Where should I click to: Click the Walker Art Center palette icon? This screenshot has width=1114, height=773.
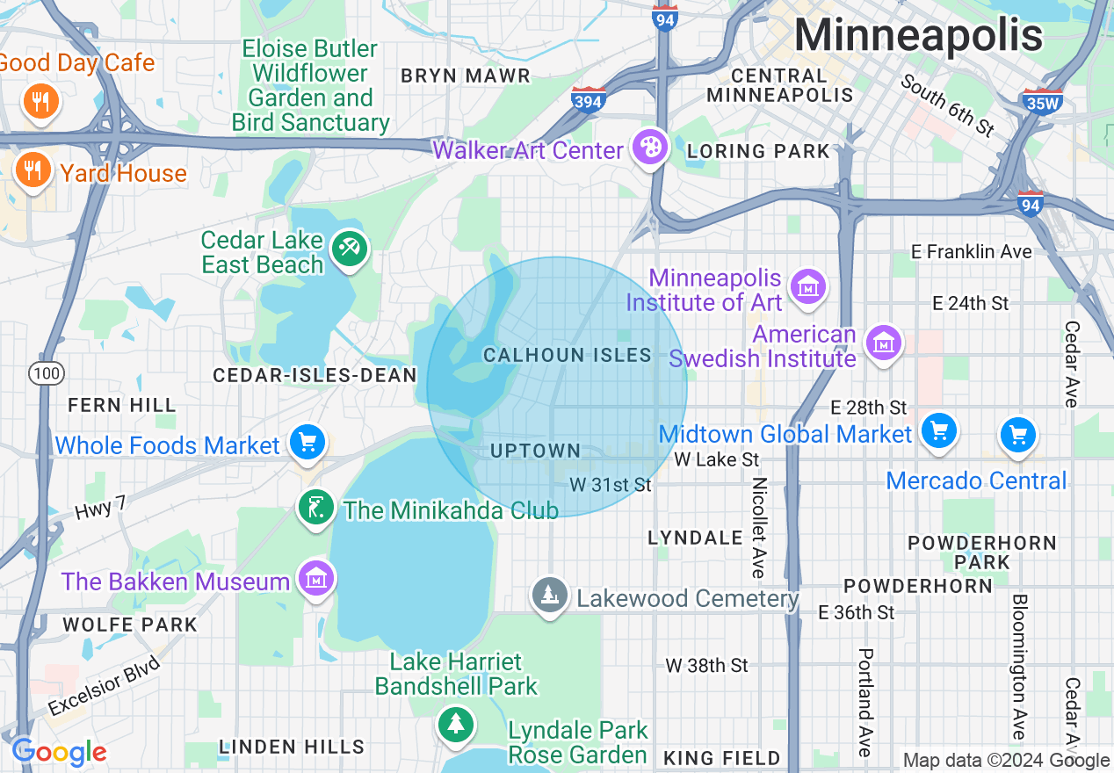[650, 148]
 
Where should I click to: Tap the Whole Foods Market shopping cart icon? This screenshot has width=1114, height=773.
[307, 442]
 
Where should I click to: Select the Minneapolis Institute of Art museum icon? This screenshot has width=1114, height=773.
[807, 286]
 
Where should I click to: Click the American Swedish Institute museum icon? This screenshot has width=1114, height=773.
[882, 343]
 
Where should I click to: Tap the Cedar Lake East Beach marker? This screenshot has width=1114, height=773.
[350, 250]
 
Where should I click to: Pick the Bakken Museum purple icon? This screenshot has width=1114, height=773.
[315, 578]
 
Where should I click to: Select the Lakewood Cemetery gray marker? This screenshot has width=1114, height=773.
[550, 595]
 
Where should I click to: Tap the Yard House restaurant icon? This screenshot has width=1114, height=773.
[33, 169]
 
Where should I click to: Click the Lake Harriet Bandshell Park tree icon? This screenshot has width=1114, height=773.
[455, 725]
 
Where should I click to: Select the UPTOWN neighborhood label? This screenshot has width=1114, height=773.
[535, 451]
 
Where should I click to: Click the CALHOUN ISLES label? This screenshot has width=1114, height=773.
[568, 355]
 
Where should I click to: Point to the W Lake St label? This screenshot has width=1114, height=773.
[716, 459]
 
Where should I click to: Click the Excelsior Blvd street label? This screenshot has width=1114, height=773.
[104, 685]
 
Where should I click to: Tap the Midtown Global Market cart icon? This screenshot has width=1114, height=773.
[938, 431]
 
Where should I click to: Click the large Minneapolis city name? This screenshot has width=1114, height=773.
[918, 36]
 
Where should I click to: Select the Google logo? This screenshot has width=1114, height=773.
[59, 752]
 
